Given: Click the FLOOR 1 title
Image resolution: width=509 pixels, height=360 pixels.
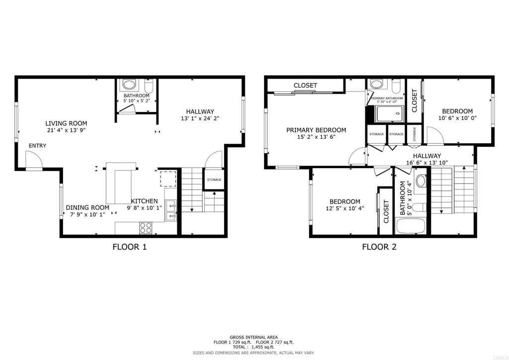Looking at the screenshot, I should [x=129, y=247].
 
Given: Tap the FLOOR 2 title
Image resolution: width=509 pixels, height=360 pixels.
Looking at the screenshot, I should [x=379, y=247].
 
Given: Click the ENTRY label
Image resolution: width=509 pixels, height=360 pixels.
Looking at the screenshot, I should [x=37, y=146].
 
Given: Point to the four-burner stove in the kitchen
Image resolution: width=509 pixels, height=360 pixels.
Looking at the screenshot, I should [x=146, y=228].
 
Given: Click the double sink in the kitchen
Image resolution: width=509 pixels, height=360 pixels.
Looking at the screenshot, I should [x=171, y=210].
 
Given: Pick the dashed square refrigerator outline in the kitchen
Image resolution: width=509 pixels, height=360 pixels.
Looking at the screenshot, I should [x=167, y=178].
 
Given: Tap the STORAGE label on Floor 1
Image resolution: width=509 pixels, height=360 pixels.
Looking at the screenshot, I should [x=214, y=180].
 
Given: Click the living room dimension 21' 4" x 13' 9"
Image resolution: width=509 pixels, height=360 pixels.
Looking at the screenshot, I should [x=66, y=131].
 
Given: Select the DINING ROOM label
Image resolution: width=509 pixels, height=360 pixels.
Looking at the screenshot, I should [x=87, y=208].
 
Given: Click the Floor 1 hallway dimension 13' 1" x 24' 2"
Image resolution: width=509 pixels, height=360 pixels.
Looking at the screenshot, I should [x=200, y=119].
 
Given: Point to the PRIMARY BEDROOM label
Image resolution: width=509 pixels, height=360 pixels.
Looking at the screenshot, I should [x=316, y=130].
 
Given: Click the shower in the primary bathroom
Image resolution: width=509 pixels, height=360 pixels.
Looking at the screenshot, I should [x=388, y=114].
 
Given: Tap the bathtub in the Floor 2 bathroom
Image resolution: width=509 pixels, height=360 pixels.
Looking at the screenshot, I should [x=410, y=226].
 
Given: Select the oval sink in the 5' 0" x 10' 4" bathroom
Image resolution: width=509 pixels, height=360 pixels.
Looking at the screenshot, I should [x=421, y=180].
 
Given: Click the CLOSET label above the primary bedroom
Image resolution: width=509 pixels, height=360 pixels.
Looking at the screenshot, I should [x=305, y=86].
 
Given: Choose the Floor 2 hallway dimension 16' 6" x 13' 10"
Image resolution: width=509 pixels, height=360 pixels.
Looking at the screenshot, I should [x=427, y=162].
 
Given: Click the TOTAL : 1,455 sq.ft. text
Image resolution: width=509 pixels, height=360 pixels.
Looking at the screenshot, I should [x=254, y=347].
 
